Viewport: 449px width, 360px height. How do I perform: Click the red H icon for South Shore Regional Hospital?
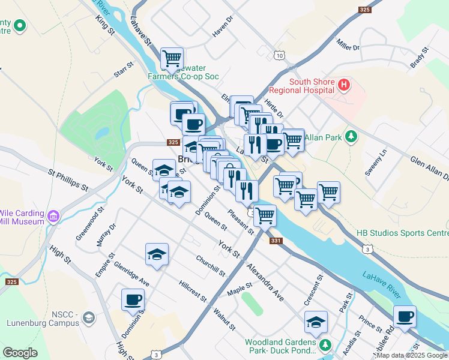point(343,86)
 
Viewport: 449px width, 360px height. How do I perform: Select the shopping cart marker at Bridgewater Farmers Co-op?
point(172,58)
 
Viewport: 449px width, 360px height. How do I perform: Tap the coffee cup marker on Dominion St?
point(133,299)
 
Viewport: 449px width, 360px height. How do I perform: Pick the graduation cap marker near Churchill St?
point(157,254)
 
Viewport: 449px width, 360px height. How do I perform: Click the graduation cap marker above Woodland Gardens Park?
point(316,322)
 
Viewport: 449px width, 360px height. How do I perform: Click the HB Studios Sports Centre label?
point(402,233)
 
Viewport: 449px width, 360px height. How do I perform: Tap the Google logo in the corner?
point(20,353)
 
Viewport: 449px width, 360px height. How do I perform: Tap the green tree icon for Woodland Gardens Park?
point(325,344)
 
